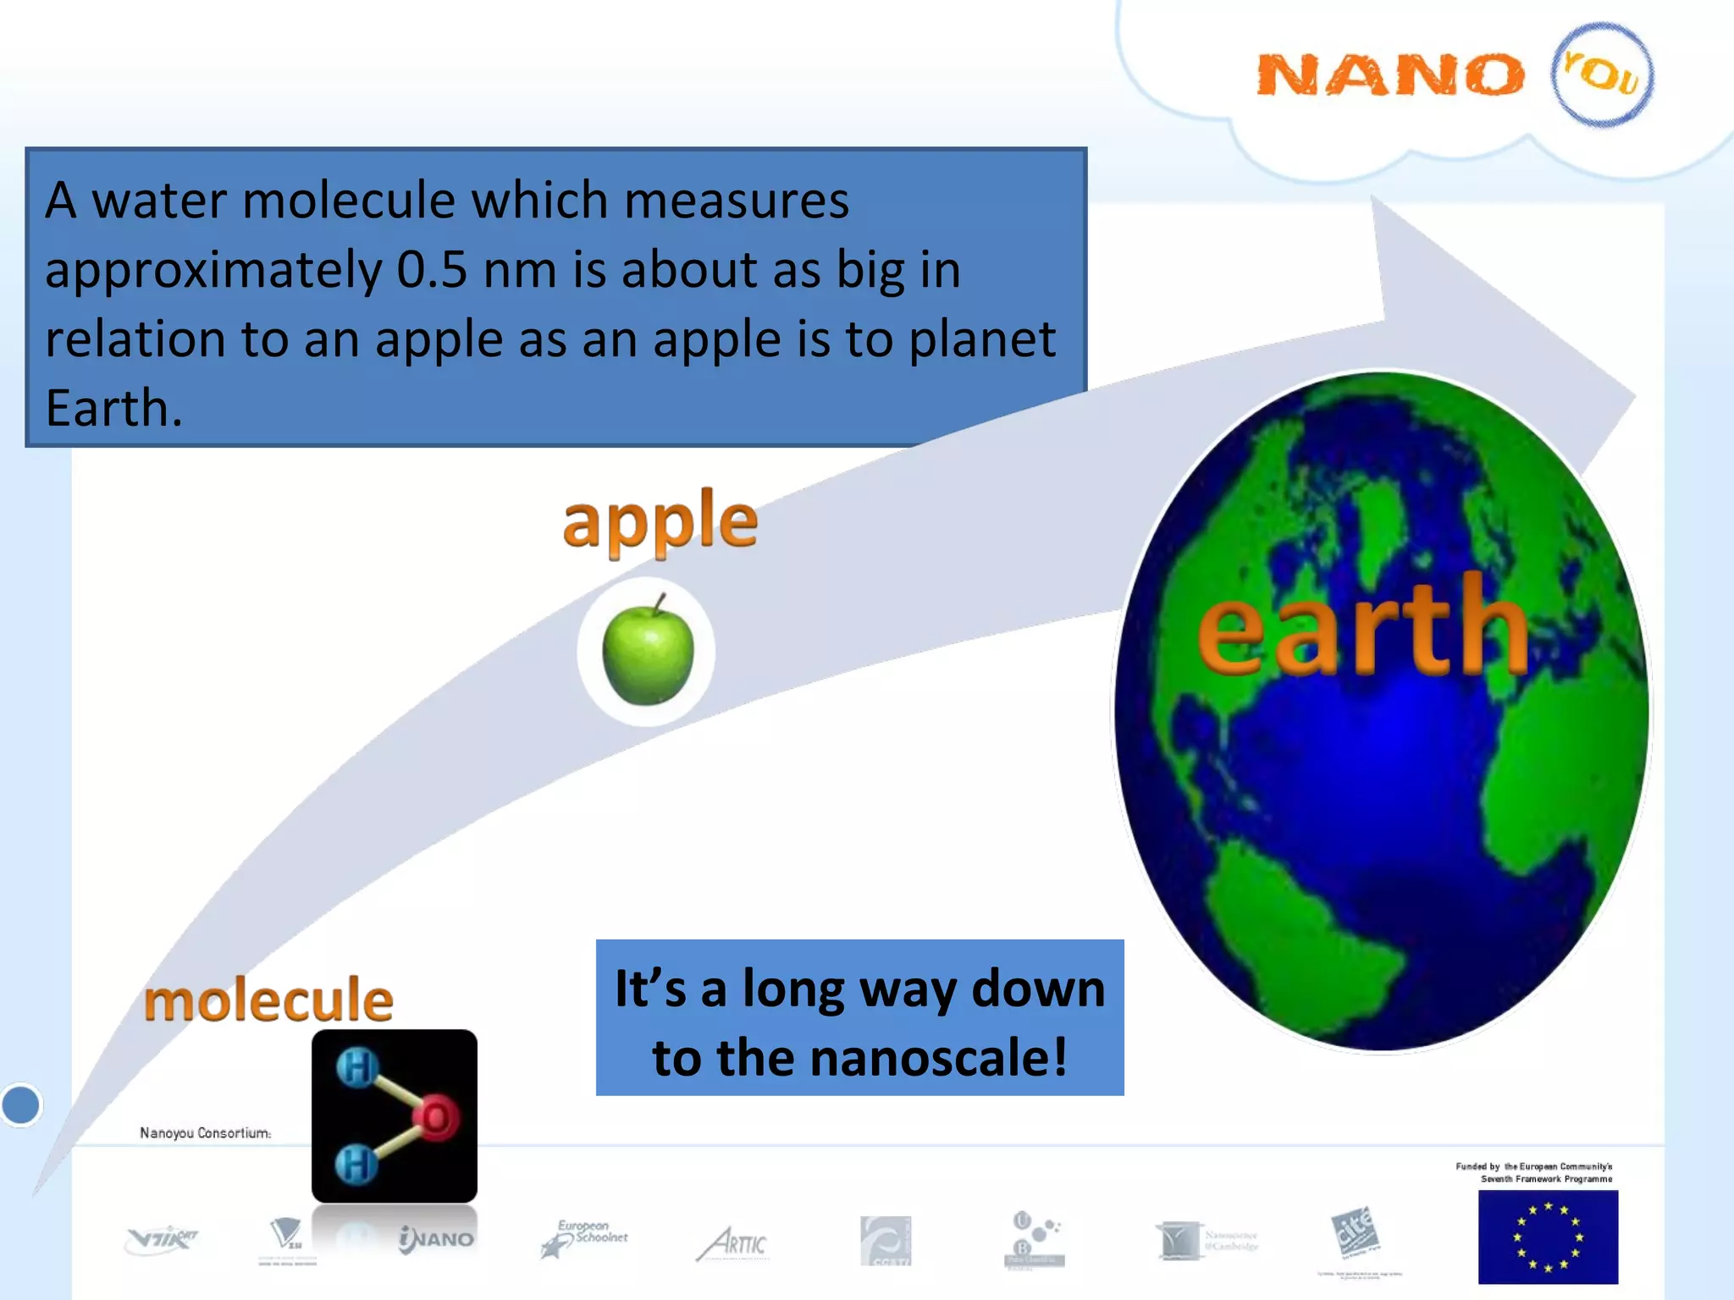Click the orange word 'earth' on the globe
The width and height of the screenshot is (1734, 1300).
point(1363,626)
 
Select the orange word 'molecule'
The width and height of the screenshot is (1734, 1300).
point(268,1000)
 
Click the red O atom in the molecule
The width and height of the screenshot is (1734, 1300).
point(436,1117)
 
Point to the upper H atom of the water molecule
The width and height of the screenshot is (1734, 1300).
point(356,1068)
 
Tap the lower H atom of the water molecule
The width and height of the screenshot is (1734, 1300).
point(356,1165)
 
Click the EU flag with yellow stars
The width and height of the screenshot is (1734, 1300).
point(1547,1237)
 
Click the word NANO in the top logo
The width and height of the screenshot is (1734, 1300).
point(1389,75)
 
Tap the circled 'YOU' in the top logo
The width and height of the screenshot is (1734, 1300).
point(1601,74)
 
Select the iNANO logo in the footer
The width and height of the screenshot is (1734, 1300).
point(437,1239)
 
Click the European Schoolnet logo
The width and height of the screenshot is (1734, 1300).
point(584,1238)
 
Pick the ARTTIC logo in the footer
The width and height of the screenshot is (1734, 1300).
point(732,1243)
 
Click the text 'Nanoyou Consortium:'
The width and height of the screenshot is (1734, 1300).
point(206,1132)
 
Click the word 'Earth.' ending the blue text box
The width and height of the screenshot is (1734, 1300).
point(113,409)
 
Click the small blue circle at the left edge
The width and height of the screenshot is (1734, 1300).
point(21,1104)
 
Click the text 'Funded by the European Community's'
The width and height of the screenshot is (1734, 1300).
point(1533,1166)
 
